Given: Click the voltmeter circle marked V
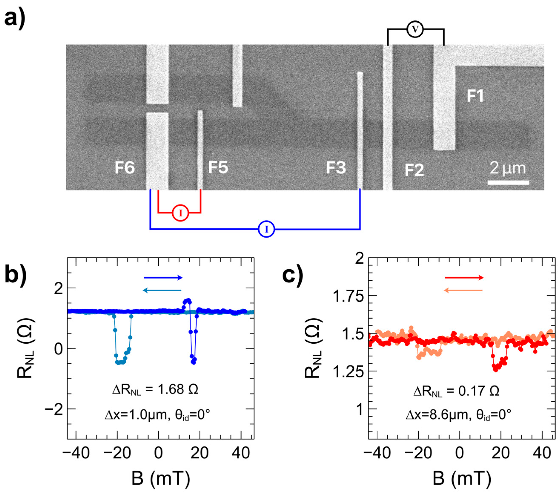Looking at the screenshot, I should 415,30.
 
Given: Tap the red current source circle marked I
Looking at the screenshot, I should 180,213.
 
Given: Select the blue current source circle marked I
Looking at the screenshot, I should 266,229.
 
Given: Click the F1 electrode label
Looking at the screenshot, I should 475,96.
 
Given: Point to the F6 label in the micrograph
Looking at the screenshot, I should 125,168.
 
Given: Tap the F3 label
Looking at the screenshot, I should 336,168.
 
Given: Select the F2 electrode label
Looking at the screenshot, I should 414,170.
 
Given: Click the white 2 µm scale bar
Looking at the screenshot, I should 508,183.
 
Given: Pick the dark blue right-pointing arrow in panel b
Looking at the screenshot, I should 163,278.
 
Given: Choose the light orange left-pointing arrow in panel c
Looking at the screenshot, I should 463,290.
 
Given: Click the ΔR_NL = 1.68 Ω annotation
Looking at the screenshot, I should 155,389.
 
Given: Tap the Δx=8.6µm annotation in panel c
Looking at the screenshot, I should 437,415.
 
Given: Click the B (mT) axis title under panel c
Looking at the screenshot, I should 462,479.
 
